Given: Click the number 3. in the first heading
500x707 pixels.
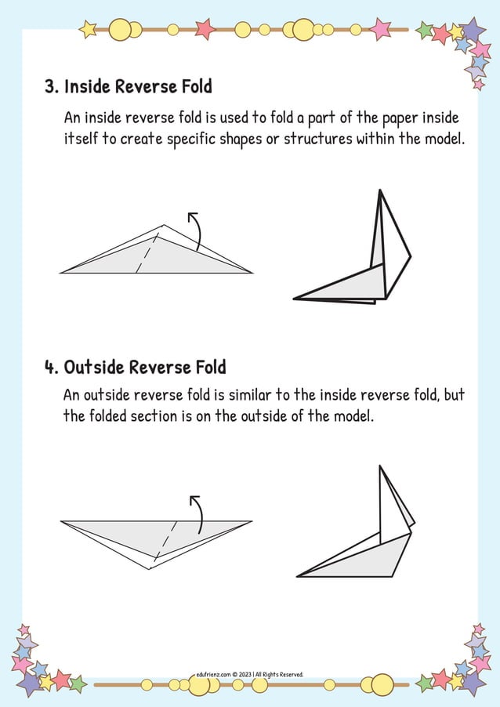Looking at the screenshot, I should [52, 86].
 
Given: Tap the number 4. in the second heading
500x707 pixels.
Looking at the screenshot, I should [52, 367].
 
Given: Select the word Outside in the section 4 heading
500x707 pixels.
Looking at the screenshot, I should [94, 367].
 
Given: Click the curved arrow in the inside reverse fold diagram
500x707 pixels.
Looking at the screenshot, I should [195, 229].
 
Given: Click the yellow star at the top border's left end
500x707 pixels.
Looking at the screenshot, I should [88, 30].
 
